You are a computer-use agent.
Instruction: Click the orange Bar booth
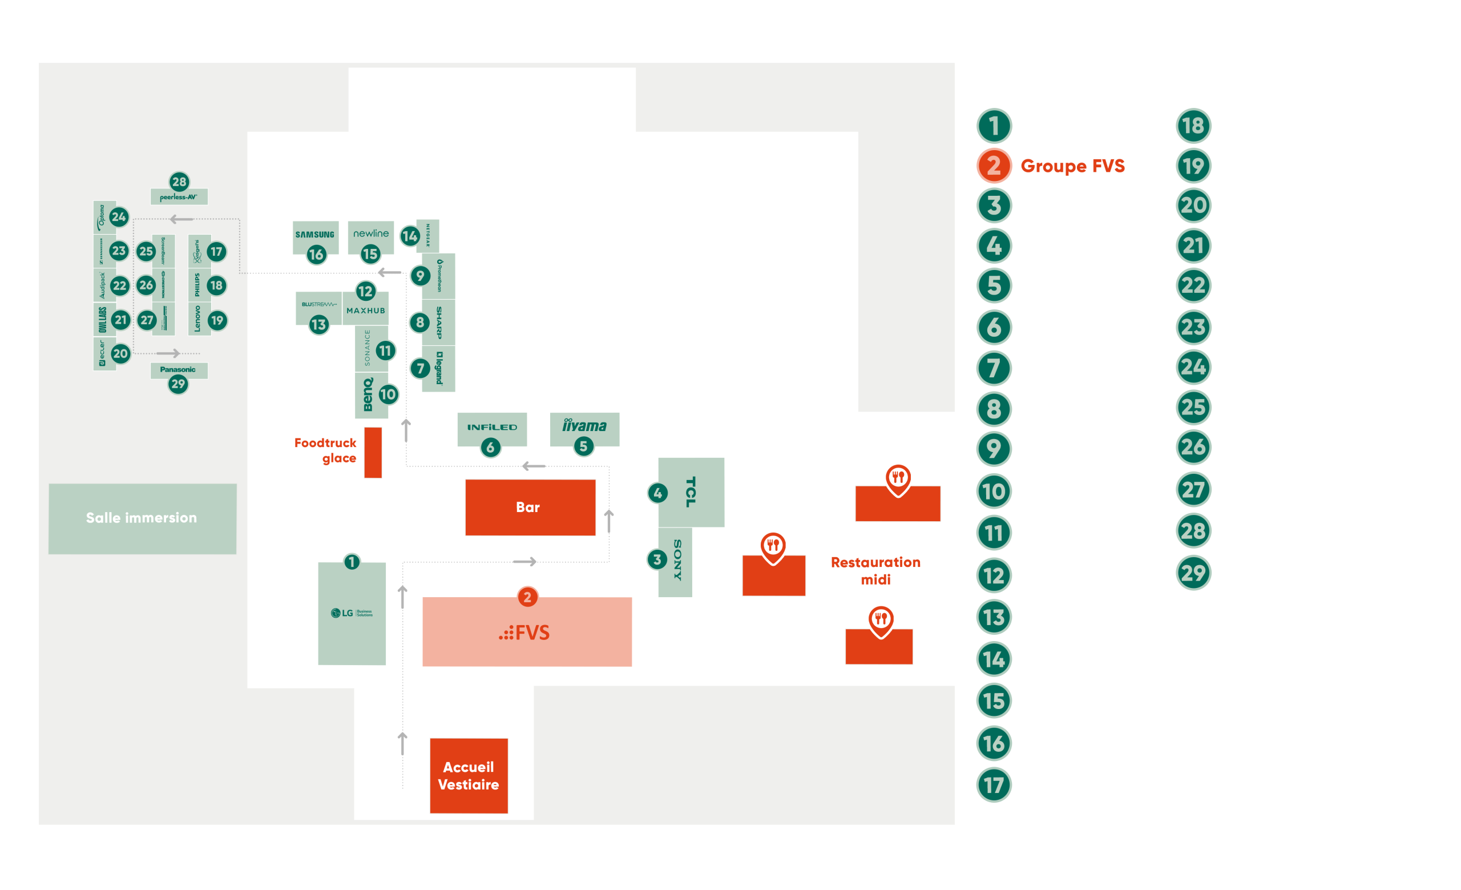pyautogui.click(x=530, y=508)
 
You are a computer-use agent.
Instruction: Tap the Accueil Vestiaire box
pyautogui.click(x=469, y=776)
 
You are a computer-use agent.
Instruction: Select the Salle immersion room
pyautogui.click(x=142, y=518)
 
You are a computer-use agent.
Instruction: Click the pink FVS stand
pyautogui.click(x=527, y=633)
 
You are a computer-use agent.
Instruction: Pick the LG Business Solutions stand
pyautogui.click(x=352, y=614)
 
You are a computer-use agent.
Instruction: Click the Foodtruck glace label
pyautogui.click(x=326, y=450)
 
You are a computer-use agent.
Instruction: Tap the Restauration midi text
pyautogui.click(x=875, y=570)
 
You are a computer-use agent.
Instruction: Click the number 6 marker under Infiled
pyautogui.click(x=490, y=448)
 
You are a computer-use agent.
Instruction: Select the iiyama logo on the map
pyautogui.click(x=584, y=426)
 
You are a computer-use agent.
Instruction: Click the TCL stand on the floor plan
pyautogui.click(x=691, y=492)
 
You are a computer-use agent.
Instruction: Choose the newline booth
pyautogui.click(x=370, y=233)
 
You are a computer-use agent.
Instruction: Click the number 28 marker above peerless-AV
pyautogui.click(x=179, y=182)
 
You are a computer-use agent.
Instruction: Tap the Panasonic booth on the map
pyautogui.click(x=178, y=370)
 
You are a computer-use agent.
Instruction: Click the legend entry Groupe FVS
pyautogui.click(x=1072, y=166)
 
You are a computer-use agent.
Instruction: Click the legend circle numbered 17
pyautogui.click(x=994, y=785)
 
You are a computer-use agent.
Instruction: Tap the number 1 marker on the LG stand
pyautogui.click(x=352, y=562)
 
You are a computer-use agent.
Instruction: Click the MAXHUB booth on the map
pyautogui.click(x=366, y=311)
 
